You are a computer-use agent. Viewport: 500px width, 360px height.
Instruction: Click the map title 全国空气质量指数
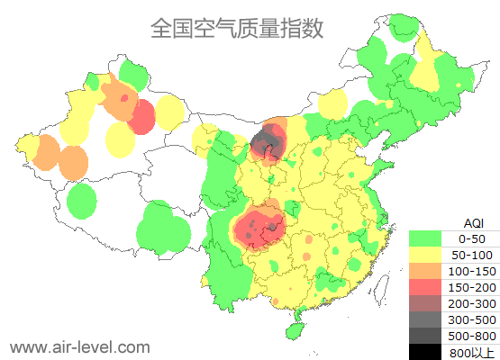236,28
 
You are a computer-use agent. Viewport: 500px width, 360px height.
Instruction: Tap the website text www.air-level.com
79,346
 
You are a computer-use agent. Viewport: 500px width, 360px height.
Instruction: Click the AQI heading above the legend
472,222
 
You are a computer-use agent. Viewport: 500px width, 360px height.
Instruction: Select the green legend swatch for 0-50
424,238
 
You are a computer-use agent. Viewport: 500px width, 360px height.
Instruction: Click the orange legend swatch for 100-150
424,271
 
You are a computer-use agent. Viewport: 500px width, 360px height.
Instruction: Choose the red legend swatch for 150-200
424,287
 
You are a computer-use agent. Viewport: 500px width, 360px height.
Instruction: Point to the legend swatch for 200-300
424,303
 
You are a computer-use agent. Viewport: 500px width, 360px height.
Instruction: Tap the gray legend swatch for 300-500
424,319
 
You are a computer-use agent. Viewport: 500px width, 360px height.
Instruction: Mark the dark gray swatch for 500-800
424,336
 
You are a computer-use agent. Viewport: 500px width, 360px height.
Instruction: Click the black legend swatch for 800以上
424,352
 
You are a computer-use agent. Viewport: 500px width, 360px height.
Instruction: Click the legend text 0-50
471,238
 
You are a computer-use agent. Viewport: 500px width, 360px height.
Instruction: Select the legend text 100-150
471,271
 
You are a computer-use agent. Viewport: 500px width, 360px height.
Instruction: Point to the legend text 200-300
471,303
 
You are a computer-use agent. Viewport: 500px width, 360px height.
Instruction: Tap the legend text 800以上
471,352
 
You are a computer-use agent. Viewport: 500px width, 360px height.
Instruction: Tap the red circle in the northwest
141,117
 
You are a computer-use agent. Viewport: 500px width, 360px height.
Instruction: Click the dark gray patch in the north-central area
267,141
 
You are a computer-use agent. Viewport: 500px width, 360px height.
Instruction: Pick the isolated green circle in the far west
82,201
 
